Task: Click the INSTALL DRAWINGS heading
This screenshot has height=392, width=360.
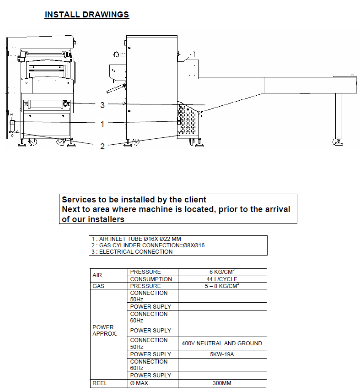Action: (87, 15)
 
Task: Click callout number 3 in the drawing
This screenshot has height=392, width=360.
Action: (102, 105)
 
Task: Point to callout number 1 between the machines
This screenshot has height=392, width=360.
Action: (102, 124)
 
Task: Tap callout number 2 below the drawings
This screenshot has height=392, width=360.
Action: (102, 146)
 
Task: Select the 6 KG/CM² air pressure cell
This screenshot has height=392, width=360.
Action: (221, 272)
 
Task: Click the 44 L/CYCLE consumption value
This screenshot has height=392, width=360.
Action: (221, 279)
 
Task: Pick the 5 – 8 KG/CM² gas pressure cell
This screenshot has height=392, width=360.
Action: (221, 286)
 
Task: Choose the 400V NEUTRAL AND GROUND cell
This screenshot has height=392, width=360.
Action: (222, 343)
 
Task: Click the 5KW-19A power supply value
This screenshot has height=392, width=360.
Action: (221, 354)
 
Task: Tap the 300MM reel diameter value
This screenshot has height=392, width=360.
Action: (221, 383)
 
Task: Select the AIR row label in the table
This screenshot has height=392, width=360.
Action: (97, 276)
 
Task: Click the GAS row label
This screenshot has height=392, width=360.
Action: (98, 286)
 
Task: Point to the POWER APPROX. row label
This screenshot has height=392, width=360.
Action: (103, 331)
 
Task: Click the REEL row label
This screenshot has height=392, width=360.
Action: (100, 383)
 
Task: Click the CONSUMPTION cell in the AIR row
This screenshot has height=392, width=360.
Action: (151, 279)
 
